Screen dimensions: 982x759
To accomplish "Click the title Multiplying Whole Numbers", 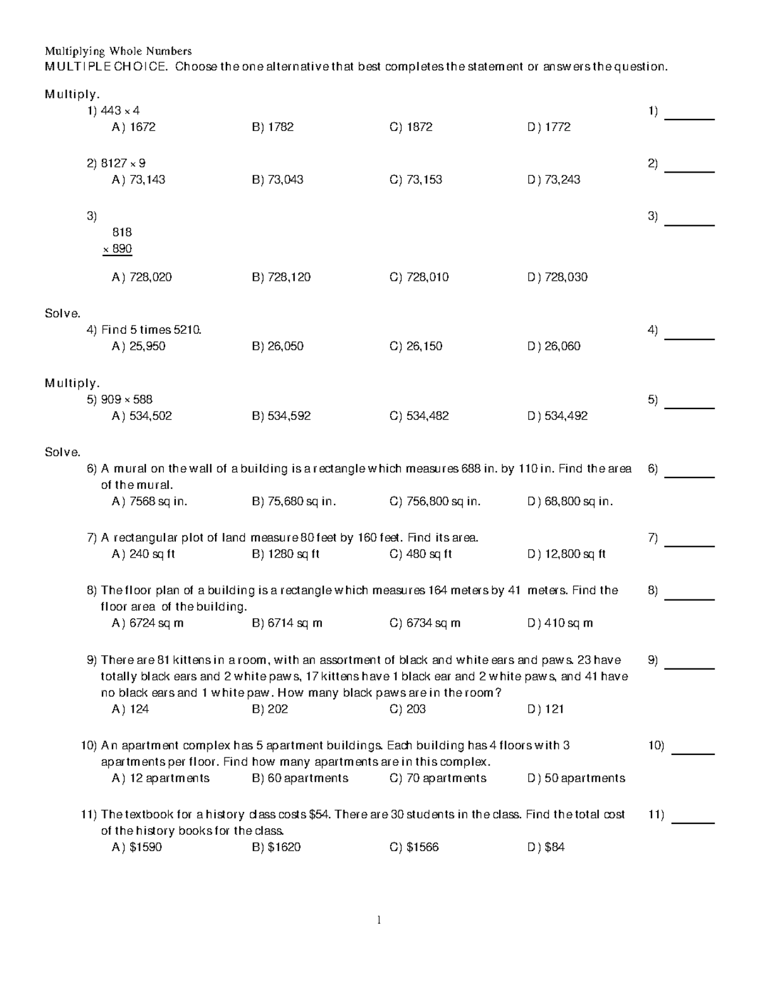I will [118, 51].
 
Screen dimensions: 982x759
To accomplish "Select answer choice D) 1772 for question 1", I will [549, 127].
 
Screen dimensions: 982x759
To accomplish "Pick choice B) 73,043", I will [278, 180].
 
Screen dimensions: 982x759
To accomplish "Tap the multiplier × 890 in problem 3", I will [118, 249].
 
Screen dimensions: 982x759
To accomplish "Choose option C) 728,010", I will [419, 277].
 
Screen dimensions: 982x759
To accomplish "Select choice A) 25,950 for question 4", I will [139, 346].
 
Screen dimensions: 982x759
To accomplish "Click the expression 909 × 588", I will [126, 400].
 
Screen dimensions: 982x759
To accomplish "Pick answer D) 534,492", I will [557, 416].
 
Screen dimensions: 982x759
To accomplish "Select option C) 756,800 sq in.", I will [435, 501].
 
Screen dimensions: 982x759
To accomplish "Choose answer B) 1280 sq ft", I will [285, 554].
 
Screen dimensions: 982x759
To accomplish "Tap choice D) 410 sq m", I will [560, 623].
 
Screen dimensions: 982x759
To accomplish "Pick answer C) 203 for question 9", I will [408, 709].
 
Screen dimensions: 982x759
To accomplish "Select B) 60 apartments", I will [300, 778].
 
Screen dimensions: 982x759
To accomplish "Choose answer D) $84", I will [546, 847].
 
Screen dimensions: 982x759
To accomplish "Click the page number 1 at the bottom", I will [378, 920].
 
